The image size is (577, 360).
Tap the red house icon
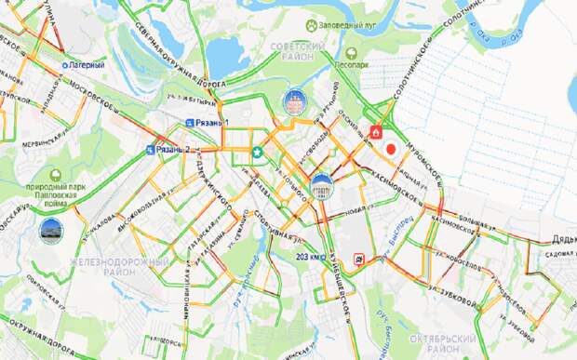tap(376, 132)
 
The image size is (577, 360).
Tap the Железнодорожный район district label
tap(109, 269)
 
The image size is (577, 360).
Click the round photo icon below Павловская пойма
tap(51, 229)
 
